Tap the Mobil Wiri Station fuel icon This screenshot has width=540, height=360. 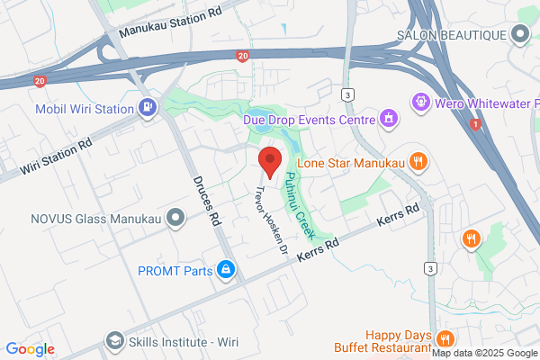[147, 108]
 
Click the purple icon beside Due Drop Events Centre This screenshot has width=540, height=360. [389, 117]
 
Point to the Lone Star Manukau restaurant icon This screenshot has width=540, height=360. [417, 162]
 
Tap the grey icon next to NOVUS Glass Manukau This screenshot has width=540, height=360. [175, 216]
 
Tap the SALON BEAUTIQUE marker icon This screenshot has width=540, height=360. [520, 35]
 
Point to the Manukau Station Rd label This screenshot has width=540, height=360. [171, 26]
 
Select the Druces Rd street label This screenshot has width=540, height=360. [206, 200]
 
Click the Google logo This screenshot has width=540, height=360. [30, 349]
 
